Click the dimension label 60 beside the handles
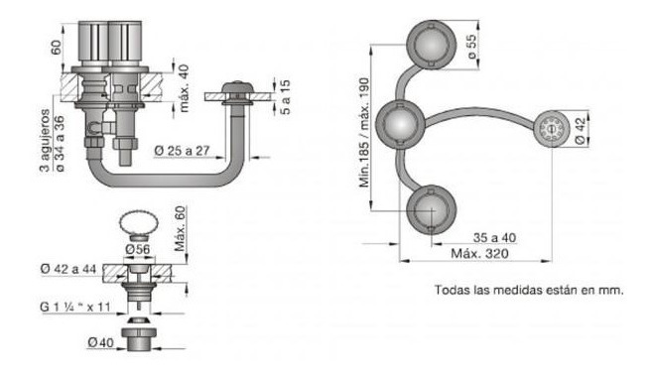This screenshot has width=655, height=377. [x=56, y=47]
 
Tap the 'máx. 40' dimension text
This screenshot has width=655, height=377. [x=183, y=87]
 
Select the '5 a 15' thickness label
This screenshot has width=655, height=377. [x=286, y=97]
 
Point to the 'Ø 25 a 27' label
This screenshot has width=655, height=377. [x=182, y=150]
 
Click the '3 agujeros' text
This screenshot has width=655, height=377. [x=45, y=140]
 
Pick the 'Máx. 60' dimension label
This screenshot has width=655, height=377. [x=180, y=229]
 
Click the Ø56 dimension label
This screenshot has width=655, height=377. [x=137, y=249]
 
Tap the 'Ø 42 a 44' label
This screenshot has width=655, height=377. [x=68, y=269]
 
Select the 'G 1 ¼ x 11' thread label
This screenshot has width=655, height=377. [x=75, y=307]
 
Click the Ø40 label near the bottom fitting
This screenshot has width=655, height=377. [x=100, y=342]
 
